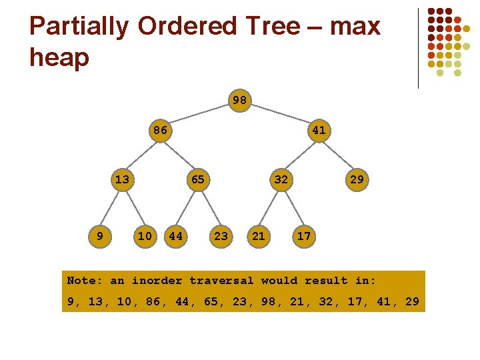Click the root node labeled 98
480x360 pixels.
pos(239,101)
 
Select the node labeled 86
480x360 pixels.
pos(160,131)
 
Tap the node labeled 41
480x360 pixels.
pos(319,131)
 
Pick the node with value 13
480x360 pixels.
pos(122,179)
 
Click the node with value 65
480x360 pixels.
pos(198,179)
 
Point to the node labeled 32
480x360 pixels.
pos(281,179)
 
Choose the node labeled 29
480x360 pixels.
pos(357,179)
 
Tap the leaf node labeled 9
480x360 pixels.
pos(99,235)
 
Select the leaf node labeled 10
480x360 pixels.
pos(145,235)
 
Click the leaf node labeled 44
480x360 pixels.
pos(176,235)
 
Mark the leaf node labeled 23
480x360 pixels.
pos(221,235)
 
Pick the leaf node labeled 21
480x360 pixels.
pos(259,235)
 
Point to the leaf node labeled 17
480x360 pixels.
pos(303,235)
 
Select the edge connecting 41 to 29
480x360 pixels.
pos(338,155)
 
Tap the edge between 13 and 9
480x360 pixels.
pos(111,207)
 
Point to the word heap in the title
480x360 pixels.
pos(59,57)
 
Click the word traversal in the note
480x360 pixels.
pos(221,281)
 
